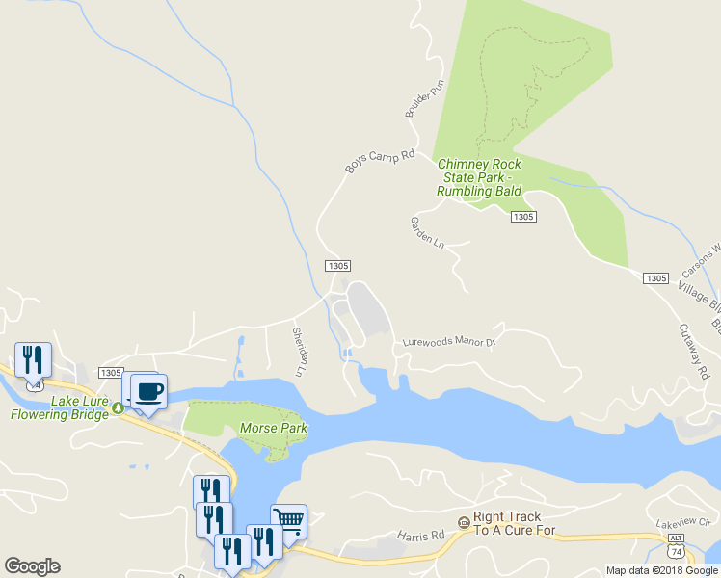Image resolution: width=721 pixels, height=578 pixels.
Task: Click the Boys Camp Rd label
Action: (x=380, y=161)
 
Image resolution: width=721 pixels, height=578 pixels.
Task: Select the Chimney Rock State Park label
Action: (x=479, y=178)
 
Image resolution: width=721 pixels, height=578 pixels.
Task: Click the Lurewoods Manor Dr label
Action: (x=448, y=342)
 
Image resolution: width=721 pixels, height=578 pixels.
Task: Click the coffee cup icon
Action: (x=148, y=392)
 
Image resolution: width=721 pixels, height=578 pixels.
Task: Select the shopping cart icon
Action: (x=288, y=521)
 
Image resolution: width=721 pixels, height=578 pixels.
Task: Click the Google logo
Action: (x=32, y=566)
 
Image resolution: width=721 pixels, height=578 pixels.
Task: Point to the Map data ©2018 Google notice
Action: (x=662, y=570)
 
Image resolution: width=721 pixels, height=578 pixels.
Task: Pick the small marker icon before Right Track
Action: (x=464, y=522)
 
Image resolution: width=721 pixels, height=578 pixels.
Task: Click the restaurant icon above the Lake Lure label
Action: (x=33, y=360)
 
